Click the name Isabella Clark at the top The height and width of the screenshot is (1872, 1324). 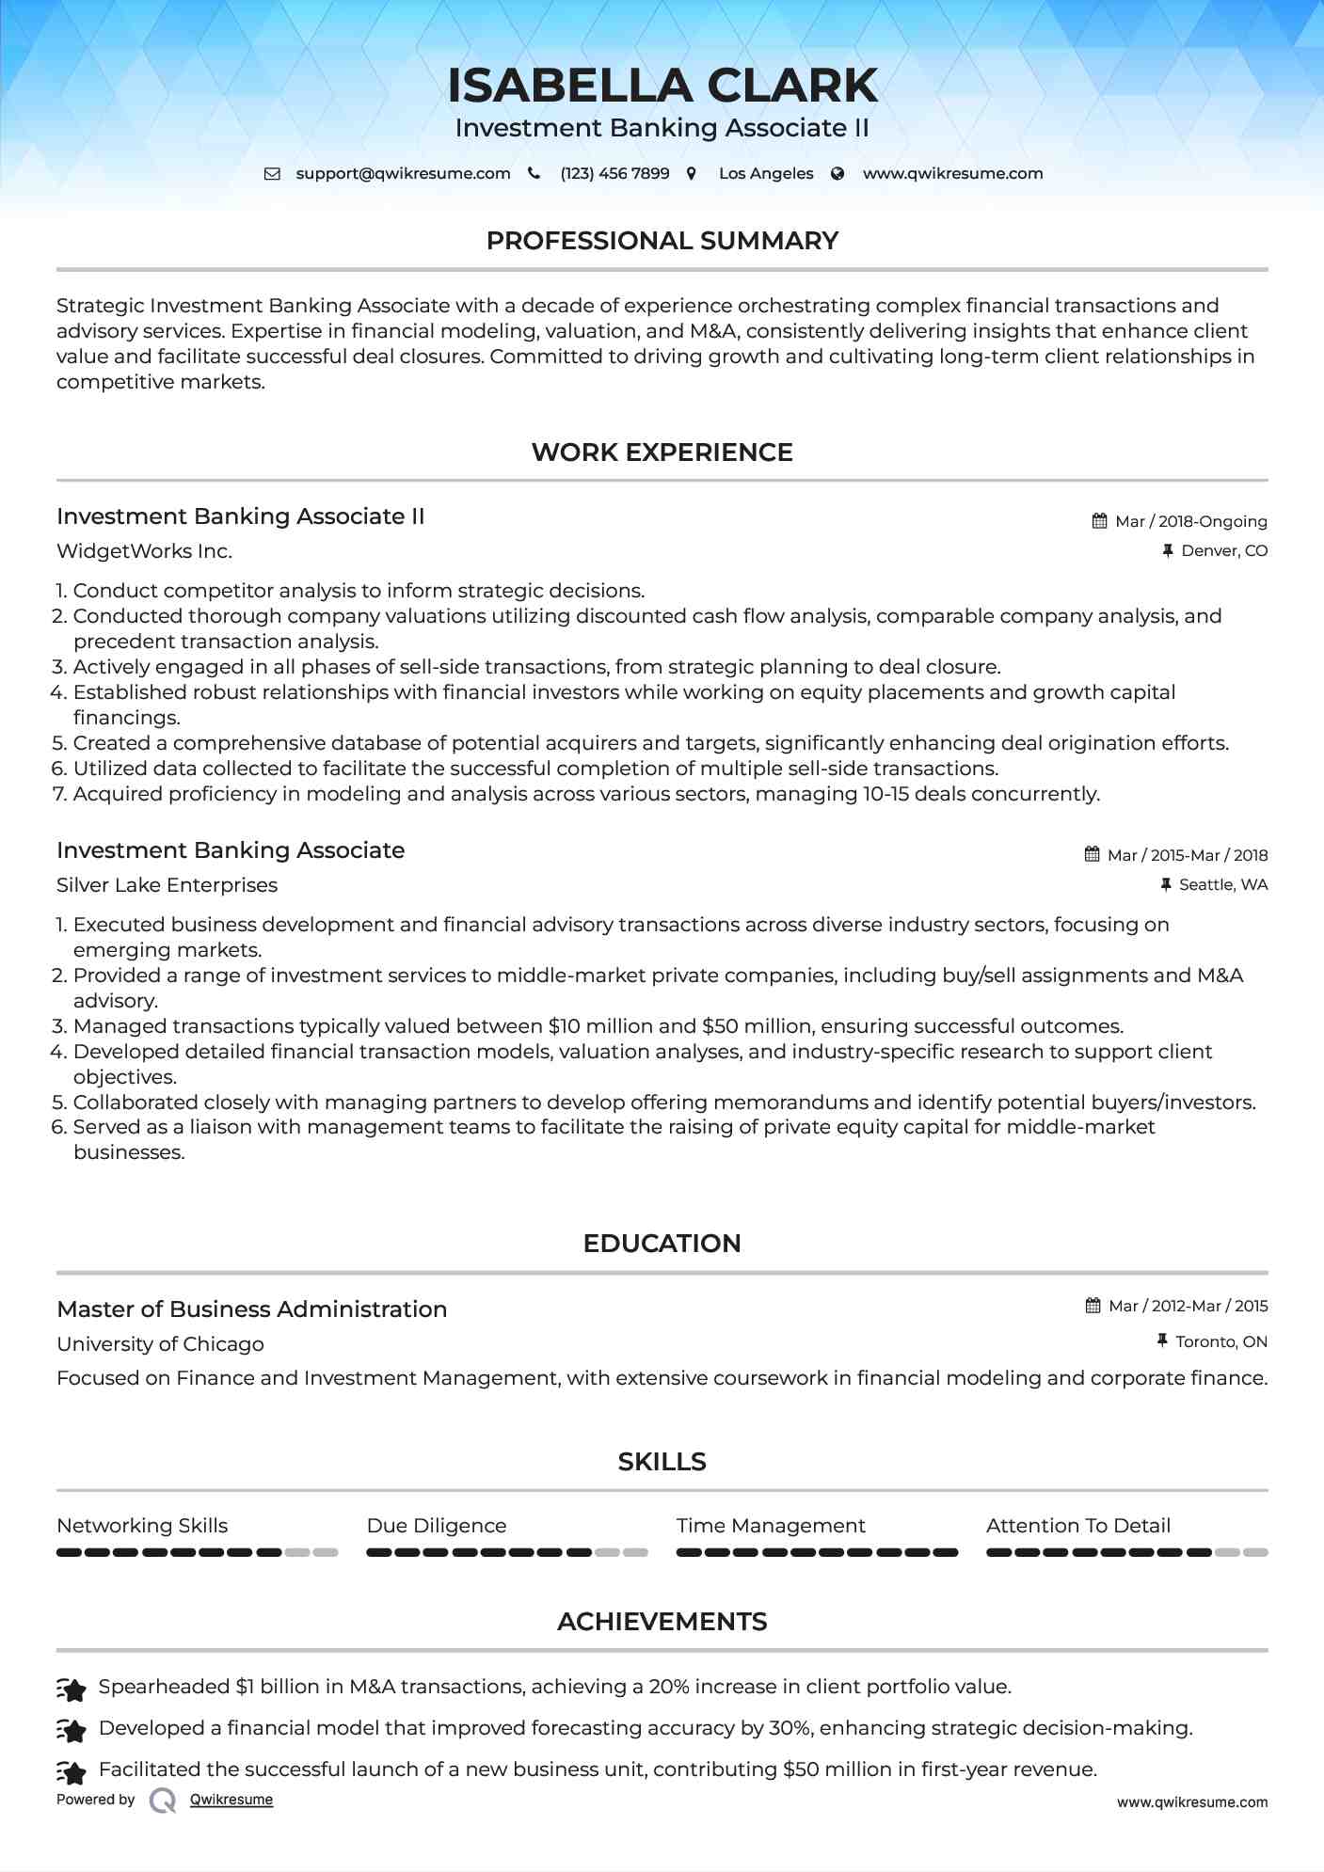(662, 86)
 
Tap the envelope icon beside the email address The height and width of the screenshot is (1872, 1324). (272, 174)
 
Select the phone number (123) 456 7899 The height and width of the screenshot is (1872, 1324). (614, 174)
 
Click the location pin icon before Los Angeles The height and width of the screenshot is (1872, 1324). (692, 174)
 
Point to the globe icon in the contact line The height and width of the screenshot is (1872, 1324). (837, 174)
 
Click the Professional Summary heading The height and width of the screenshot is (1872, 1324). (662, 241)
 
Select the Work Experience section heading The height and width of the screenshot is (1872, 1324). (662, 452)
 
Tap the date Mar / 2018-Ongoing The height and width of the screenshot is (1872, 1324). (1190, 522)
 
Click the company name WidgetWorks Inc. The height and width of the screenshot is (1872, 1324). (144, 551)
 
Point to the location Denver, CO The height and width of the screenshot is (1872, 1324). (1223, 551)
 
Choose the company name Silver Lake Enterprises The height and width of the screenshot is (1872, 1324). (167, 885)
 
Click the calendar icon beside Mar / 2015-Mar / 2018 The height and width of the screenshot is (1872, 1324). (1092, 855)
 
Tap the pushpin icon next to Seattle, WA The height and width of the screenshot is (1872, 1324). (1166, 885)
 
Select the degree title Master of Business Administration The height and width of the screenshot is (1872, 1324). (251, 1309)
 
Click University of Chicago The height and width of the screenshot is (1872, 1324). (160, 1344)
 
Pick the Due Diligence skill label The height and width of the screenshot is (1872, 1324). (437, 1526)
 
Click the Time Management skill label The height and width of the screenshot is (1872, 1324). (771, 1526)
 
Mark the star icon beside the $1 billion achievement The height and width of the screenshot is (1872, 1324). (72, 1689)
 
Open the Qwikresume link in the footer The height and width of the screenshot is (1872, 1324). (231, 1800)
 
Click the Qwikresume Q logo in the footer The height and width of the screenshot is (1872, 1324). (163, 1801)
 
